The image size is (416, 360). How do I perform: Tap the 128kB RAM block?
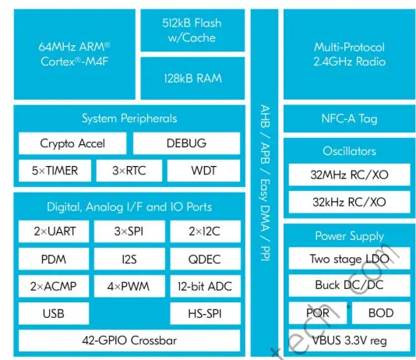coord(194,78)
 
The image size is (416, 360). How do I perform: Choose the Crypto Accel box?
coord(72,143)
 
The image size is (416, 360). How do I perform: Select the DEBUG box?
coord(187,143)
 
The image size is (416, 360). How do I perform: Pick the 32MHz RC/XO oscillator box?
coord(348,175)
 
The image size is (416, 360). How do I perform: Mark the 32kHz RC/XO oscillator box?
coord(348,203)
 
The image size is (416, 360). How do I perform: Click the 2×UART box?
coord(54,231)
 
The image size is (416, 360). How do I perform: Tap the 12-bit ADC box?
coord(204,287)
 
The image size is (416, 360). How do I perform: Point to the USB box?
coord(54,315)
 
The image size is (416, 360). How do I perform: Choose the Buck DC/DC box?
coord(348,285)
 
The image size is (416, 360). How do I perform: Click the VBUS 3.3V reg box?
coord(348,341)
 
